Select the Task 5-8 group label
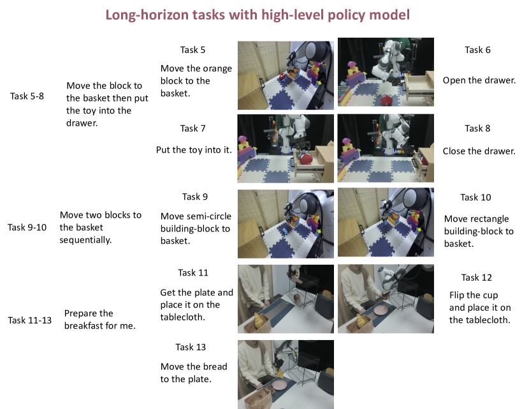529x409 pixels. click(27, 96)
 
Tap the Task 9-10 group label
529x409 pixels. click(27, 227)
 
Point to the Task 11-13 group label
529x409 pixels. click(30, 320)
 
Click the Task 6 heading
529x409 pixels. click(477, 50)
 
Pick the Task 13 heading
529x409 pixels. click(191, 347)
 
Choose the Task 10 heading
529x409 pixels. click(475, 197)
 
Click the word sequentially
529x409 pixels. click(85, 240)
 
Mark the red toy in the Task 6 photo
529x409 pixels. click(388, 100)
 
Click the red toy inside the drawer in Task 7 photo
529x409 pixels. click(307, 158)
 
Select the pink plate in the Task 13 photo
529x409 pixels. click(280, 385)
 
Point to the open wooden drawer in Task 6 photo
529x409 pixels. click(419, 86)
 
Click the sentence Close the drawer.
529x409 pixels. click(479, 151)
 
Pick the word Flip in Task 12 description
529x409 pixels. click(456, 295)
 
